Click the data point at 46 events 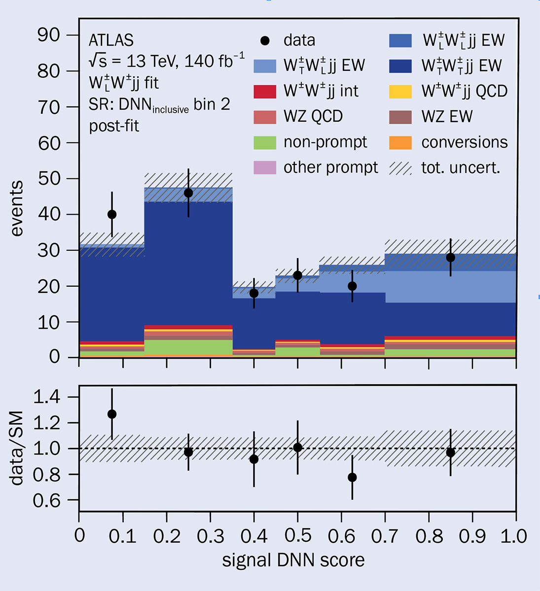[x=188, y=193]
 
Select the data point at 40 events [x=112, y=214]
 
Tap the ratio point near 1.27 [x=112, y=414]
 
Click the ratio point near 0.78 [x=352, y=477]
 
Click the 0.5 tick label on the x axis [x=297, y=536]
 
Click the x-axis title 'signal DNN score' [x=293, y=560]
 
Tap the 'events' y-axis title [x=16, y=209]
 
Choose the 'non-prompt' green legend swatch [x=265, y=142]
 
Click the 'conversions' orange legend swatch [x=400, y=142]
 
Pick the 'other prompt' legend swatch [x=265, y=167]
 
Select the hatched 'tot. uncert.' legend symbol [x=400, y=168]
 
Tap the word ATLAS [x=111, y=40]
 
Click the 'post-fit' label [x=114, y=126]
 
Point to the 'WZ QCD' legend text [x=313, y=117]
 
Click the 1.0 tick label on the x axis [x=514, y=536]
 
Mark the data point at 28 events [x=450, y=258]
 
